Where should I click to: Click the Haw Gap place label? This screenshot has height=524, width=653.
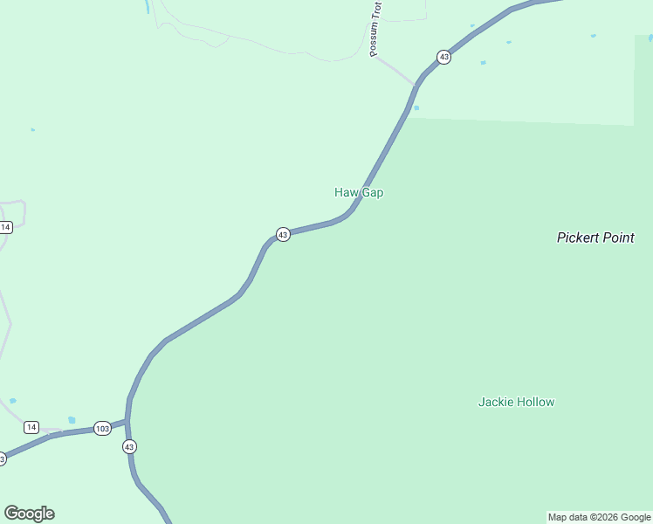(359, 192)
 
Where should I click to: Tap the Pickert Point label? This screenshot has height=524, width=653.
(595, 238)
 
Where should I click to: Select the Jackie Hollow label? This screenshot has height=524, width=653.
(516, 403)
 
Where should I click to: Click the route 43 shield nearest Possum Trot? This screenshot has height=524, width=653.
(444, 57)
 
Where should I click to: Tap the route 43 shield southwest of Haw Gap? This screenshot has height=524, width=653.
(283, 234)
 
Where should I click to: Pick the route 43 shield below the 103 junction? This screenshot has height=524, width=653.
(130, 446)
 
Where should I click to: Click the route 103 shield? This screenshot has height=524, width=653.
(102, 428)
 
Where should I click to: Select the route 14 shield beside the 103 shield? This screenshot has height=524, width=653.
(31, 427)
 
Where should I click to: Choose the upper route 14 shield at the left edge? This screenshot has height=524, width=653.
(6, 227)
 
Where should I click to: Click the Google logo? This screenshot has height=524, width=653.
(29, 513)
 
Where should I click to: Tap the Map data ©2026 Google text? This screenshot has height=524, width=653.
(599, 517)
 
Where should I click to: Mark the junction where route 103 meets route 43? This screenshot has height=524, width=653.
(127, 421)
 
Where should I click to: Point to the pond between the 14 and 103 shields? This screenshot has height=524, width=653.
(72, 420)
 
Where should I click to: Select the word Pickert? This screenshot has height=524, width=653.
(577, 238)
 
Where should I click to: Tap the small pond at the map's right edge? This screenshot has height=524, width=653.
(650, 38)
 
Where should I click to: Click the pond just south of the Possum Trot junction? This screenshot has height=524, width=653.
(416, 107)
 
